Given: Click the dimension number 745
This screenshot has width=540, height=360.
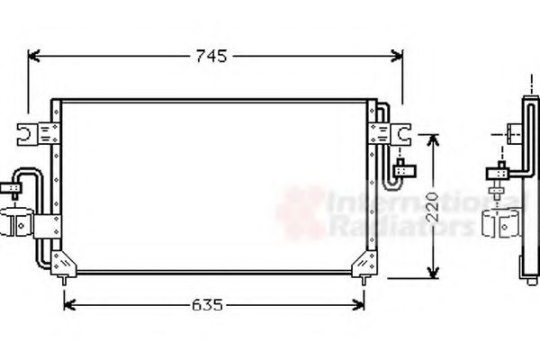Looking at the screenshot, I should click(x=209, y=57).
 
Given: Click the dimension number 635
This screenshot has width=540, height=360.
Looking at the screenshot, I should click(x=207, y=304).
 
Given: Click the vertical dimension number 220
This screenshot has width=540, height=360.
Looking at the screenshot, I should click(x=433, y=205).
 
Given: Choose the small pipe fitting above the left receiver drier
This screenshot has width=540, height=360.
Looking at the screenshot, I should click(x=15, y=189).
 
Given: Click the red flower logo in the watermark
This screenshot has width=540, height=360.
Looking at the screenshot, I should click(x=299, y=212).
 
